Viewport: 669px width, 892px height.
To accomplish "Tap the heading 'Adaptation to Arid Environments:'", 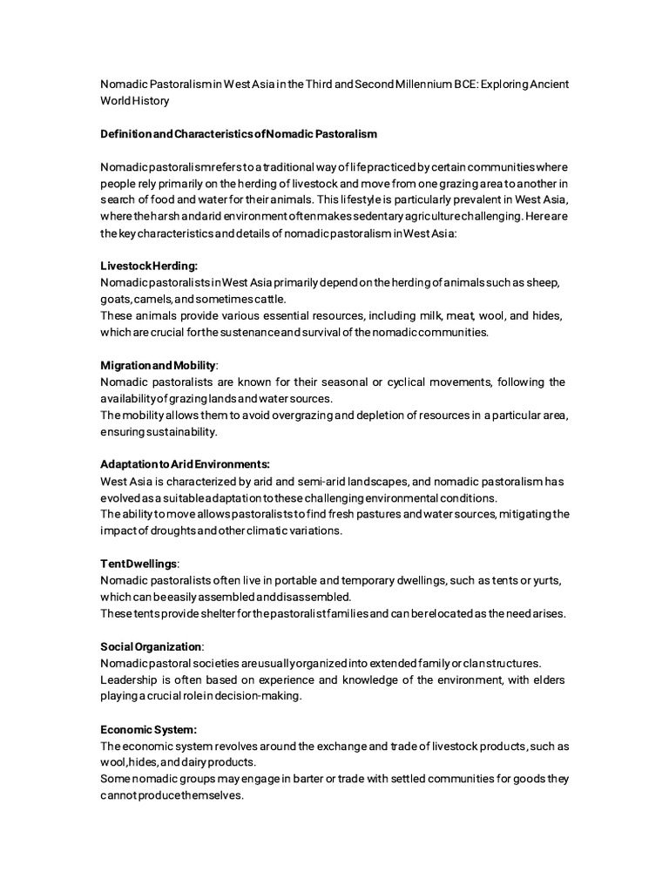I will [x=185, y=464].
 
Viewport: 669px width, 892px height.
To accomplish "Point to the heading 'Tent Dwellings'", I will [x=139, y=564].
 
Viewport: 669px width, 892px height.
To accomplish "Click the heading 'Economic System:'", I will [x=148, y=729].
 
